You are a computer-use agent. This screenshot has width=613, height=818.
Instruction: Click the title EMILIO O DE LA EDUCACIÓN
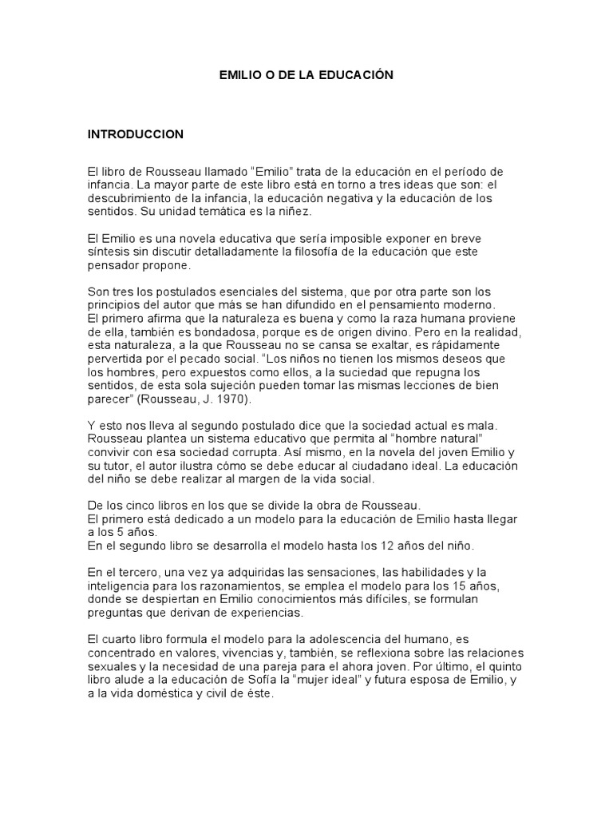pyautogui.click(x=306, y=75)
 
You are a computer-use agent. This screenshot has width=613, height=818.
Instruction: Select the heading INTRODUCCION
pyautogui.click(x=136, y=134)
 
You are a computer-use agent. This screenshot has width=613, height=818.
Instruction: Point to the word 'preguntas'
pyautogui.click(x=117, y=612)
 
